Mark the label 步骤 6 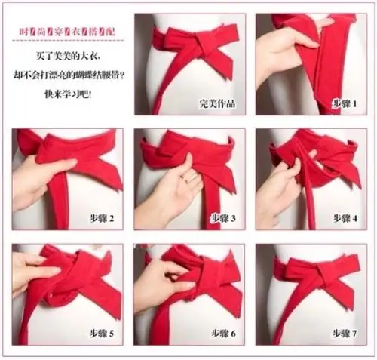223,334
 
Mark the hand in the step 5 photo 34,272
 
